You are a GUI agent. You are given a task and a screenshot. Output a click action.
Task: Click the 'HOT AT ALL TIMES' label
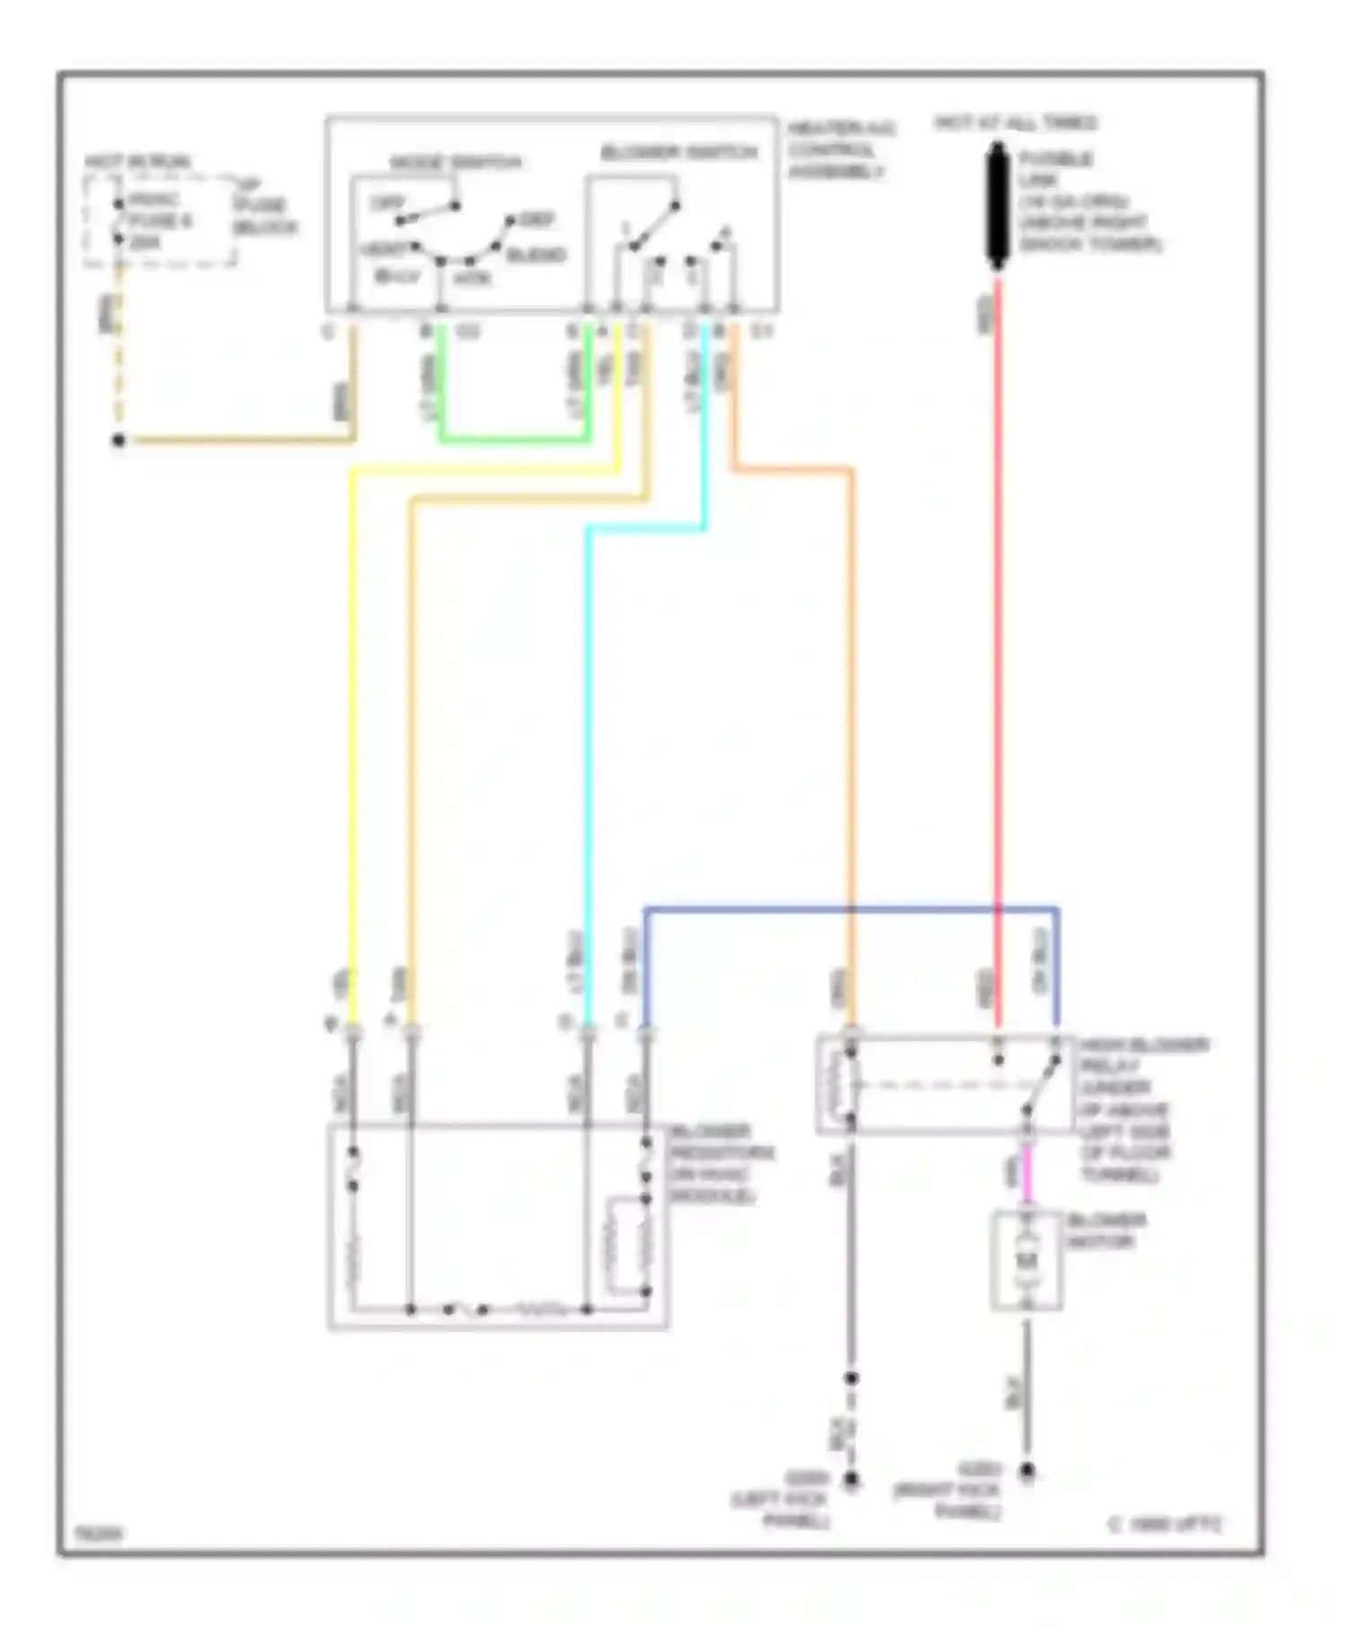point(1015,123)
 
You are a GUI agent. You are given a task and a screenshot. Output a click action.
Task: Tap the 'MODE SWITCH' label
point(456,162)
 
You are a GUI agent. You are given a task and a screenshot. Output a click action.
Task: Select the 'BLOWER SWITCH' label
point(678,153)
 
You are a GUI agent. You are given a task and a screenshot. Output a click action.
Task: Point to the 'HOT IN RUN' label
point(138,162)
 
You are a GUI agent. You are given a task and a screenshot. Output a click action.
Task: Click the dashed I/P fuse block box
point(160,221)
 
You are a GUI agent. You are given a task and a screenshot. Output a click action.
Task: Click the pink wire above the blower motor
point(1027,1180)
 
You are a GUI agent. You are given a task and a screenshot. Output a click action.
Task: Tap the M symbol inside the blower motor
point(1027,1260)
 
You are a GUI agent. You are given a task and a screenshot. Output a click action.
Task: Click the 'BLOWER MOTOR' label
point(1106,1230)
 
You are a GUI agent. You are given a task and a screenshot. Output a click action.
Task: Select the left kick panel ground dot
point(851,1478)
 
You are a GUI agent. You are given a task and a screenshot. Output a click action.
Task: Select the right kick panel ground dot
point(1027,1471)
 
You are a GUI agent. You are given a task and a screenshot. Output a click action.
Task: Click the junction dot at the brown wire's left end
point(118,440)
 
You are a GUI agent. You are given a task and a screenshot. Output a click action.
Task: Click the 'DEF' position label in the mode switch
point(537,219)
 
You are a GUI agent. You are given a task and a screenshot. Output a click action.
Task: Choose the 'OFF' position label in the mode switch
point(388,204)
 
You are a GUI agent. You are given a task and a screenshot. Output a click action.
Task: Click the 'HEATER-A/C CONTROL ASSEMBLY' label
point(840,149)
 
